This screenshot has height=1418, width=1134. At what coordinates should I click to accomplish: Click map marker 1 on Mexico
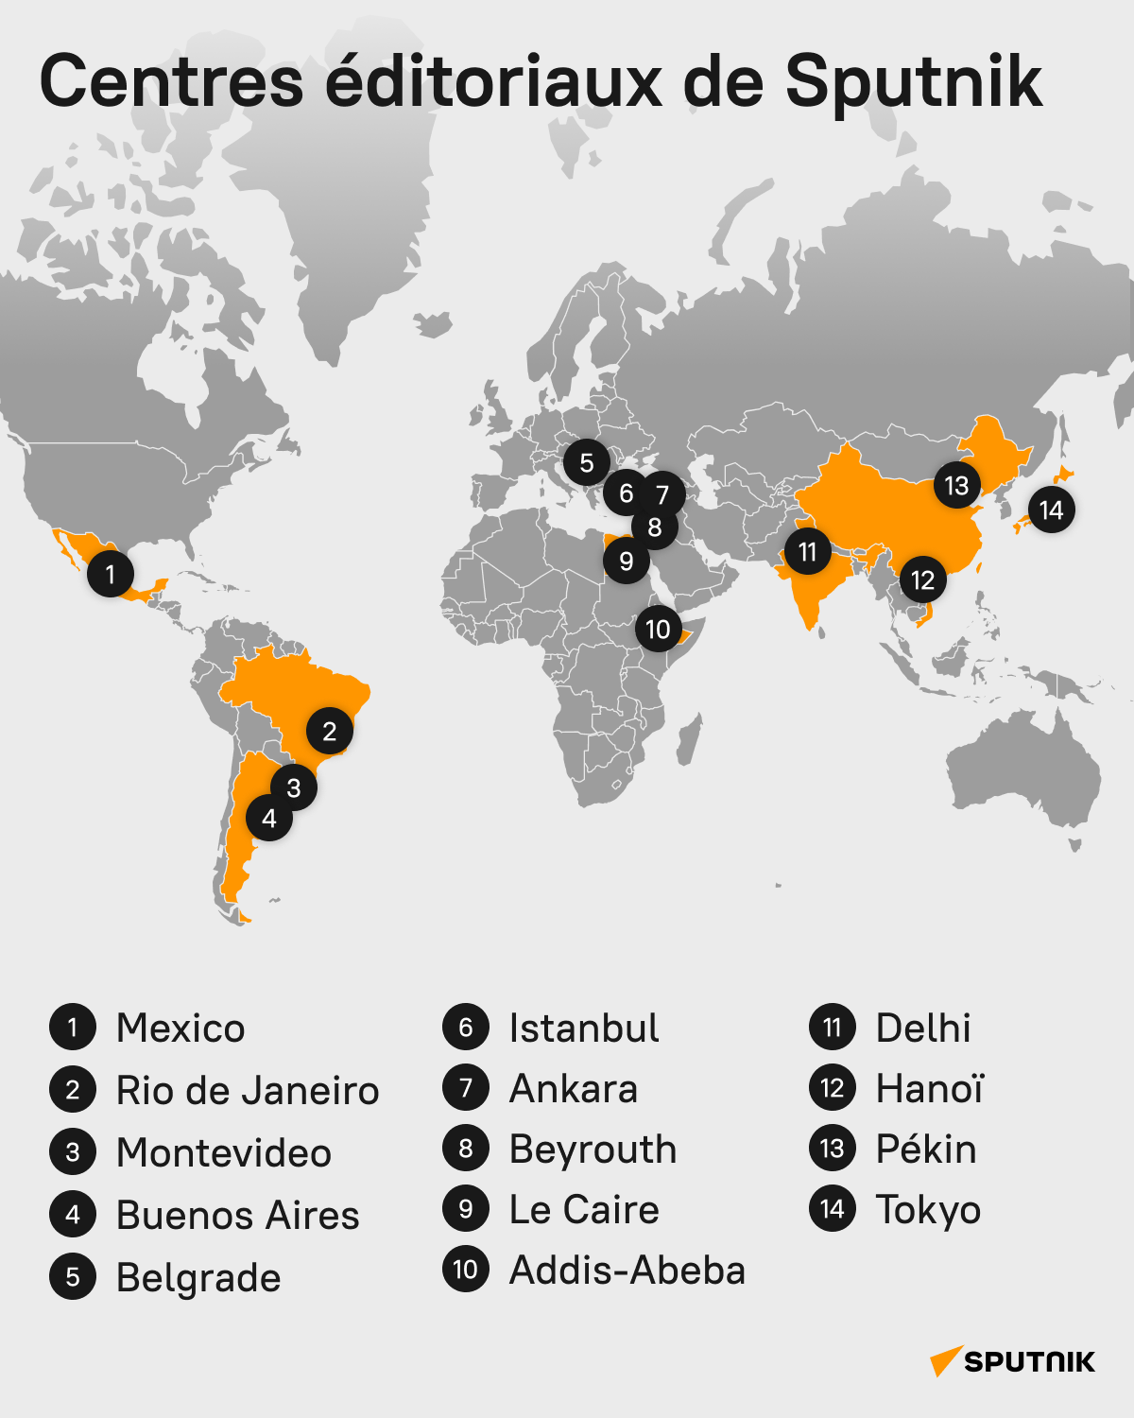tap(111, 574)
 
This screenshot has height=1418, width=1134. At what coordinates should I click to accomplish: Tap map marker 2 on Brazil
tap(330, 731)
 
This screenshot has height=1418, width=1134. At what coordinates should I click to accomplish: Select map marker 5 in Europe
tap(587, 463)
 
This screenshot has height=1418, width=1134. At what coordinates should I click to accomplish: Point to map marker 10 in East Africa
tap(658, 630)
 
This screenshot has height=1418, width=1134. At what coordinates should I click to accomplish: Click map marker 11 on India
tap(807, 552)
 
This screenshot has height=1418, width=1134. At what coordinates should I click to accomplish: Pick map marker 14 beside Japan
tap(1051, 510)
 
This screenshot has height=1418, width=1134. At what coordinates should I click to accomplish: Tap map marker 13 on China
tap(956, 486)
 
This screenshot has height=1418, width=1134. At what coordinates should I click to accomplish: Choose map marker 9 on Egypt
tap(626, 562)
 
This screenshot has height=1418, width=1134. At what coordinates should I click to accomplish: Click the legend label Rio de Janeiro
tap(248, 1091)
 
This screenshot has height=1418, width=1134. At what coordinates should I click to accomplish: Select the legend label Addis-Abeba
tap(627, 1271)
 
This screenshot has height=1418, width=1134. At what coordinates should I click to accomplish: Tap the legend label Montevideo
tap(224, 1153)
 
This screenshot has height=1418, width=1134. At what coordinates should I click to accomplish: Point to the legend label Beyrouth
tap(593, 1150)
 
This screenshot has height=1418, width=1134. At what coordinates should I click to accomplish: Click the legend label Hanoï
tap(930, 1089)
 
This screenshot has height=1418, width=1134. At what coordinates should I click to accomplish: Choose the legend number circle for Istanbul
tap(466, 1028)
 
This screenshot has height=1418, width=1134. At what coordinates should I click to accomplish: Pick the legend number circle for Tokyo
tap(833, 1209)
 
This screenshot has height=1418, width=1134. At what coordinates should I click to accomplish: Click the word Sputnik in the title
tap(913, 81)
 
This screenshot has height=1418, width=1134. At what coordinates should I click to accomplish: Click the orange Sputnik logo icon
tap(945, 1361)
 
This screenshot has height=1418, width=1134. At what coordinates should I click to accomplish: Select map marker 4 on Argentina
tap(269, 819)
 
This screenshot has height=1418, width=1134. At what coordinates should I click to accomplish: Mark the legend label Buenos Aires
tap(238, 1216)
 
